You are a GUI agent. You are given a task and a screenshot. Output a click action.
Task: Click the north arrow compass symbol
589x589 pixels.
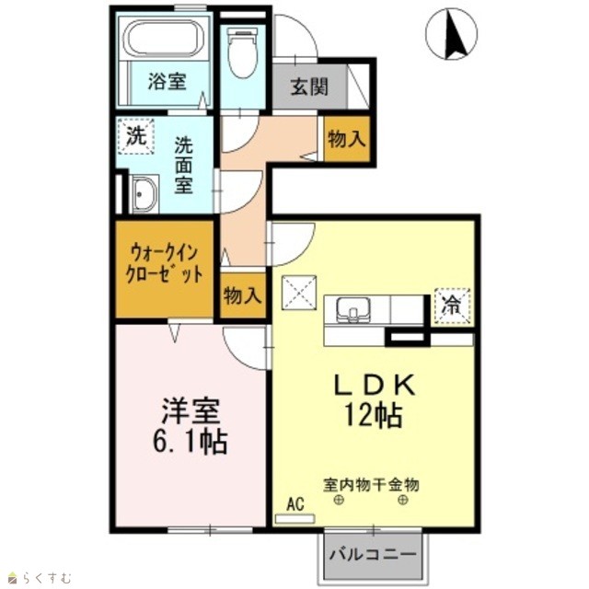pyautogui.click(x=452, y=34)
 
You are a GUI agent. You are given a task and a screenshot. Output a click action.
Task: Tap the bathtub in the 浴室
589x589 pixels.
pyautogui.click(x=164, y=38)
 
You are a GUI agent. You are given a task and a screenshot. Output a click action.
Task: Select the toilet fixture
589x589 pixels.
pyautogui.click(x=243, y=53)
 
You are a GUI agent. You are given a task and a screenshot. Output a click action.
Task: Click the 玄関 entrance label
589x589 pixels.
pyautogui.click(x=309, y=87)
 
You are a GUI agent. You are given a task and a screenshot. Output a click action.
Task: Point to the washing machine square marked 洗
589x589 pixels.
pyautogui.click(x=135, y=136)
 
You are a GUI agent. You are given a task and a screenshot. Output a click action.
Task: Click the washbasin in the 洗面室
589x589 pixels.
pyautogui.click(x=144, y=194)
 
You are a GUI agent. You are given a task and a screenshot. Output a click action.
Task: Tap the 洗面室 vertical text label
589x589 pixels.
pyautogui.click(x=183, y=166)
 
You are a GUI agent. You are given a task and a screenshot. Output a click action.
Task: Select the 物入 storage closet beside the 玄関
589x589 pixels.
pyautogui.click(x=347, y=139)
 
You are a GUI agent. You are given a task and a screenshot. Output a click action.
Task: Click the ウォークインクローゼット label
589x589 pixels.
pyautogui.click(x=164, y=264)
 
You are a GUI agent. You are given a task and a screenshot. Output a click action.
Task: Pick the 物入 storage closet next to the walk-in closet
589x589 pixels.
pyautogui.click(x=243, y=296)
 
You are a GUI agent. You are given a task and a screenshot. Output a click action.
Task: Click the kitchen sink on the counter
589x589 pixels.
pyautogui.click(x=353, y=310)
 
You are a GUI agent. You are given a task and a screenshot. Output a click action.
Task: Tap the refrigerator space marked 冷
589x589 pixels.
pyautogui.click(x=452, y=306)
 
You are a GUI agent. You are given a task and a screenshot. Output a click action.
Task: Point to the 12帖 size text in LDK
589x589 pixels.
pyautogui.click(x=374, y=415)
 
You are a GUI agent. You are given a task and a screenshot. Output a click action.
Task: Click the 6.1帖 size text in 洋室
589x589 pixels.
pyautogui.click(x=191, y=442)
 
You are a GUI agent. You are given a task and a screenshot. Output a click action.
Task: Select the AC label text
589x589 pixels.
pyautogui.click(x=295, y=504)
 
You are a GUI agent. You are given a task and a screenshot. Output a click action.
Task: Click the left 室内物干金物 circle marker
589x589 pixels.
pyautogui.click(x=339, y=500)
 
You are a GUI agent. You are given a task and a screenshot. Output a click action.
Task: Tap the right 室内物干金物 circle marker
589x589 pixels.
pyautogui.click(x=403, y=500)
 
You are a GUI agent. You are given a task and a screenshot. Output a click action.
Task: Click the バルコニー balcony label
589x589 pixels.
pyautogui.click(x=373, y=554)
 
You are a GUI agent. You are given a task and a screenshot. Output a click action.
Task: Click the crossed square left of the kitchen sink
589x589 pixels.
pyautogui.click(x=299, y=293)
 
